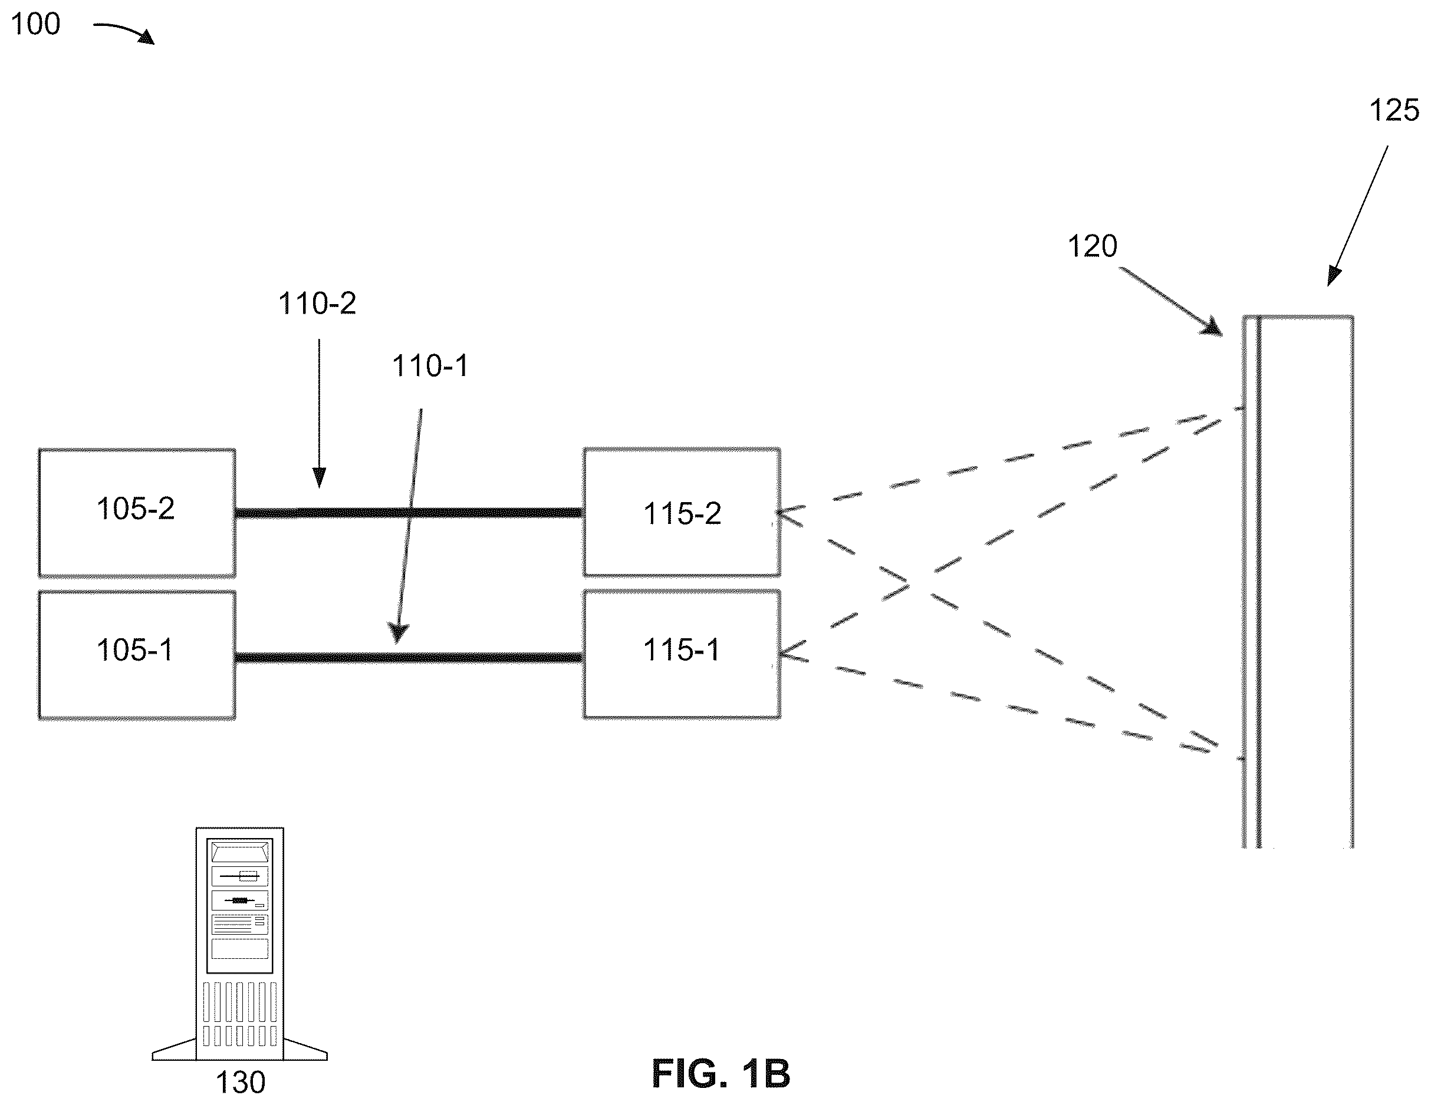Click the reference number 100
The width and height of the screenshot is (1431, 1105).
pos(36,24)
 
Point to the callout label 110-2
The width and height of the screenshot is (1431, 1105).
pos(317,304)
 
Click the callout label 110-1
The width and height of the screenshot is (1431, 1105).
pos(430,365)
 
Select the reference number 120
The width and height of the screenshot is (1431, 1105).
pos(1092,246)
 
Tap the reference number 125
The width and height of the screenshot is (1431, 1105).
pos(1394,110)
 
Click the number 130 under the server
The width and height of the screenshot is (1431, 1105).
pos(241,1083)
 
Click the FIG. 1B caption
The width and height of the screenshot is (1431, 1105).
pos(721,1074)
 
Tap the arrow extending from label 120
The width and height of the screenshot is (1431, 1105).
pos(1172,302)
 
